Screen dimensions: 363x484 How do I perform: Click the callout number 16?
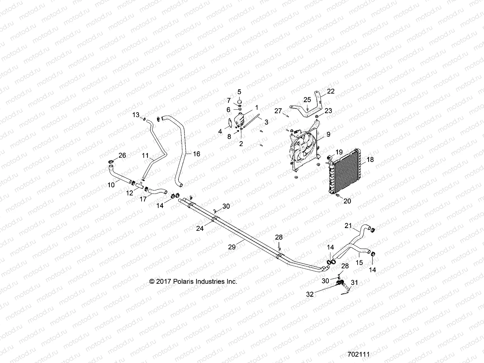click(196, 154)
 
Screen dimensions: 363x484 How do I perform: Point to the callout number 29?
click(232, 247)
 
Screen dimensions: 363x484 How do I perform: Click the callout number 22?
click(331, 91)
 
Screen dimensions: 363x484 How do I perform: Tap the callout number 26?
click(122, 155)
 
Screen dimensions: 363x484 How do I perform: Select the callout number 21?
click(348, 225)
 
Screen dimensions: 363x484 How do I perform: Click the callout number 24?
click(200, 229)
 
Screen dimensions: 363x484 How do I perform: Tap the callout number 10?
click(111, 184)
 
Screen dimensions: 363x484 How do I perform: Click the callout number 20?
click(347, 201)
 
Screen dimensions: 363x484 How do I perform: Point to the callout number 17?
click(143, 199)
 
